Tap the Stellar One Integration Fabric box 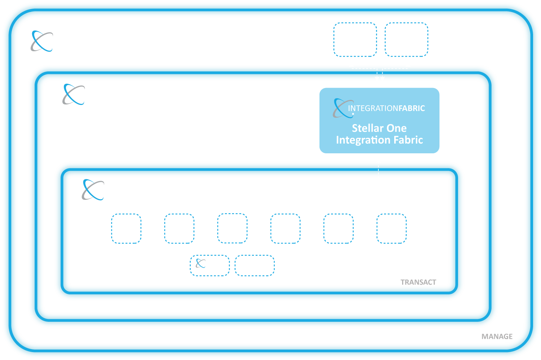(x=379, y=120)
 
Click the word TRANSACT (x=418, y=282)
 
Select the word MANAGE (x=497, y=337)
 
